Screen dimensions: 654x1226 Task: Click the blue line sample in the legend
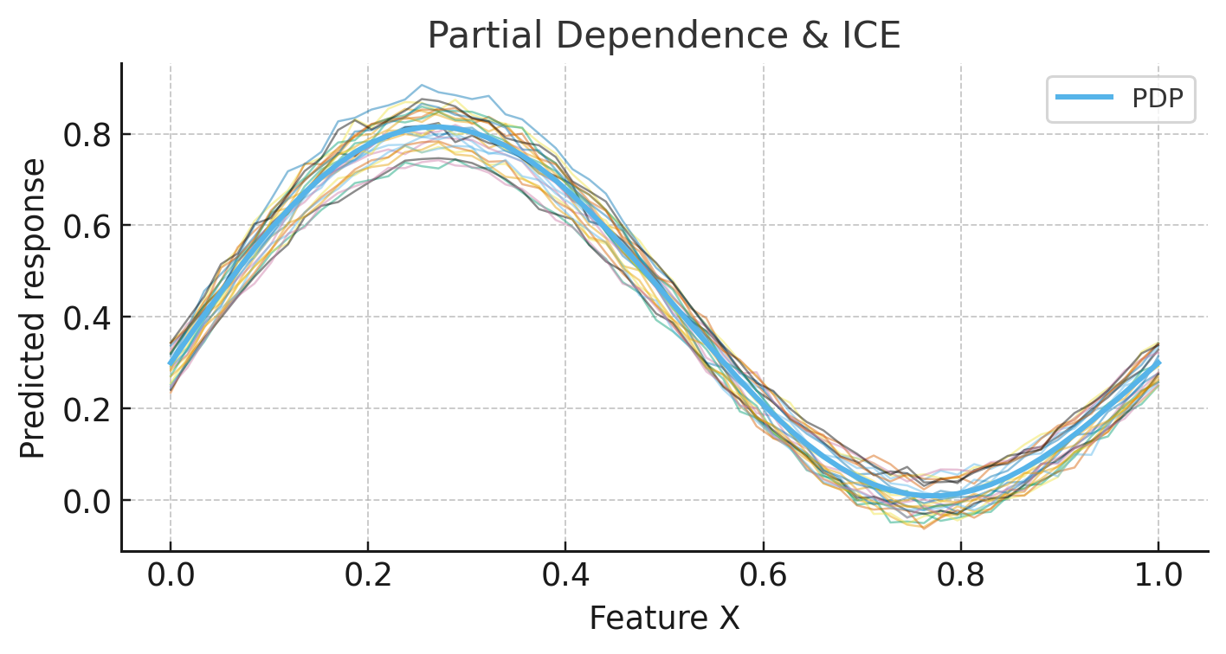tap(1084, 99)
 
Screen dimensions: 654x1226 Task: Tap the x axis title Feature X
tap(664, 619)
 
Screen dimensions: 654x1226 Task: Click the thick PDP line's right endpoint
tap(1158, 363)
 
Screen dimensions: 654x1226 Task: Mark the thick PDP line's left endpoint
tap(171, 363)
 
